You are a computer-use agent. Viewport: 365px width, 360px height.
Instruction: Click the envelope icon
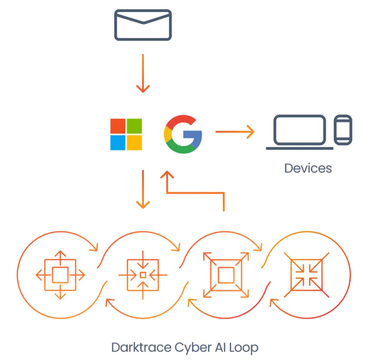tap(143, 25)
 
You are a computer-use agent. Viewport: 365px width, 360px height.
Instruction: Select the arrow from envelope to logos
tap(143, 73)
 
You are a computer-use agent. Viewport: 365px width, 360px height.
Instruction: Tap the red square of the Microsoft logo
tap(118, 126)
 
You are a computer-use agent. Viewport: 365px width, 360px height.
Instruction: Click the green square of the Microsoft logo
tap(134, 126)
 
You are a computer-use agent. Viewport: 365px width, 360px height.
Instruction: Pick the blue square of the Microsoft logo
tap(118, 143)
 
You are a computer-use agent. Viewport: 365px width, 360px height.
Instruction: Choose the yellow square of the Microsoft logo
tap(134, 143)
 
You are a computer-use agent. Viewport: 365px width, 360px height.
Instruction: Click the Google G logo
tap(183, 134)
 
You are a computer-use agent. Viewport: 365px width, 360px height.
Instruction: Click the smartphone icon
tap(343, 130)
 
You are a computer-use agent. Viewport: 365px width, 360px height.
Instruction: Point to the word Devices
tap(308, 168)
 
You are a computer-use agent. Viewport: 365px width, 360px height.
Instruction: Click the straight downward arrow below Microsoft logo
tap(143, 189)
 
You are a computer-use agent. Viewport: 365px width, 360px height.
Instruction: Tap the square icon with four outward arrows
tap(60, 275)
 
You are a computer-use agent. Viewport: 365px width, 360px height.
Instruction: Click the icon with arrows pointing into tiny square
tap(143, 275)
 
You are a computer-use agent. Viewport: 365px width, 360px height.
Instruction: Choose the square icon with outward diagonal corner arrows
tap(226, 275)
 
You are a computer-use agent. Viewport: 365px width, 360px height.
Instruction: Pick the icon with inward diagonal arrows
tap(307, 275)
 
